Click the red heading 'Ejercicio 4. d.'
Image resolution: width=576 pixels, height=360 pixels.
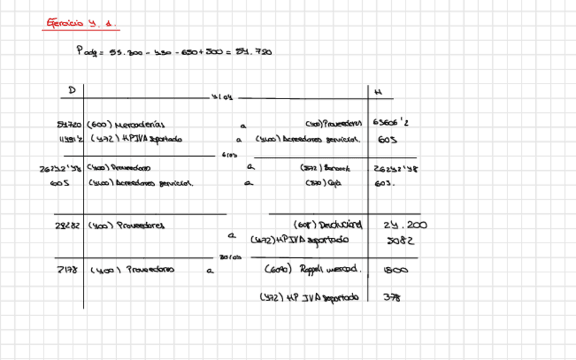(81, 23)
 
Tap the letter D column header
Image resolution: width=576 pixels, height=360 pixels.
(72, 90)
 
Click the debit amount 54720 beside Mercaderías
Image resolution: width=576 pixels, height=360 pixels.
(69, 124)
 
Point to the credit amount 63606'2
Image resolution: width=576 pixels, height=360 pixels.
(391, 124)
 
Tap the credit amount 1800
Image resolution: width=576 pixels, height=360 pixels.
(395, 270)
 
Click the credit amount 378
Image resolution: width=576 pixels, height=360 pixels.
(392, 297)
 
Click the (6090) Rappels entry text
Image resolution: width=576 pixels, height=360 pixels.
(312, 269)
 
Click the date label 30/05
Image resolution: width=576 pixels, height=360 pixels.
(231, 257)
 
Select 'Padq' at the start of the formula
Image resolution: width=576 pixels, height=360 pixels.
(87, 51)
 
